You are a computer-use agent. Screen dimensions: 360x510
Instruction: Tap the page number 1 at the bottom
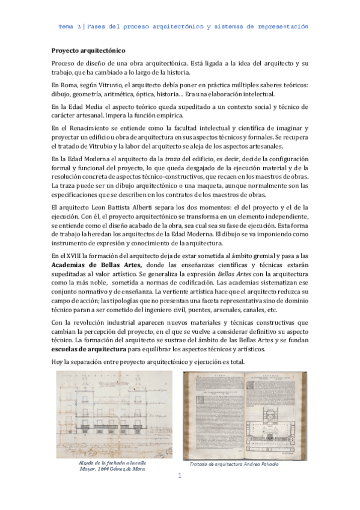tap(179, 476)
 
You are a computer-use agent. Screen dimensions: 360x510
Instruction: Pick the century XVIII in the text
tap(75, 256)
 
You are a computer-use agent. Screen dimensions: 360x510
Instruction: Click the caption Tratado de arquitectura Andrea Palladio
tap(234, 464)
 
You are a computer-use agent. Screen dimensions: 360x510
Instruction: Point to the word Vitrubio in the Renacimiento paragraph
tap(108, 145)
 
